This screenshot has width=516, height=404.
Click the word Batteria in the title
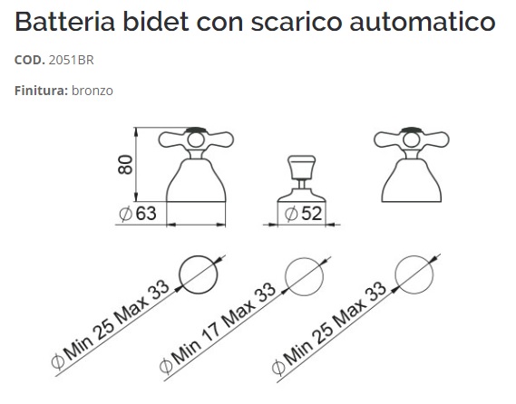pos(64,22)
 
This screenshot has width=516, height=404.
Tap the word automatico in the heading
pos(423,22)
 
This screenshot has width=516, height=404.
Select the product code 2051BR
pos(71,60)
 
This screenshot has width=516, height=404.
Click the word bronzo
pos(92,91)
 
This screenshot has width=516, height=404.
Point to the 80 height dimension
pos(125,164)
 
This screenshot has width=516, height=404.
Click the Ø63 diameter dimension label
pos(138,214)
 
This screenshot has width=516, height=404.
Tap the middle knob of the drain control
pos(302,168)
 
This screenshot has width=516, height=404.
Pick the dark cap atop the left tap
pos(196,130)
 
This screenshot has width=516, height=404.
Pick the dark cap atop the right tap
pos(412,130)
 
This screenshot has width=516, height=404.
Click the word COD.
pos(30,60)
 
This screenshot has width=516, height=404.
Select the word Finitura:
pos(41,91)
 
